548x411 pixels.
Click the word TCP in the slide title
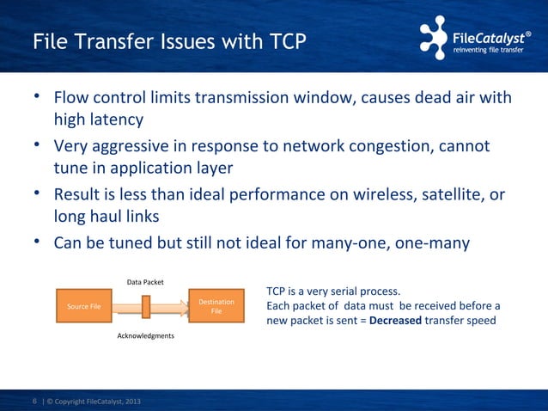pyautogui.click(x=281, y=41)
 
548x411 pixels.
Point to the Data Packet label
pyautogui.click(x=146, y=282)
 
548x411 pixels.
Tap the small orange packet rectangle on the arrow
pyautogui.click(x=146, y=306)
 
